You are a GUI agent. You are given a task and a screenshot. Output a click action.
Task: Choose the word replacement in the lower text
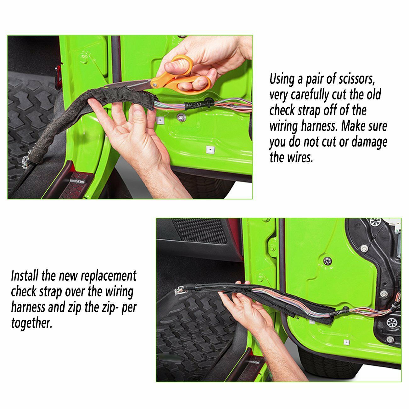109,276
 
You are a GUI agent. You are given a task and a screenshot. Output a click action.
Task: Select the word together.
31,323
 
